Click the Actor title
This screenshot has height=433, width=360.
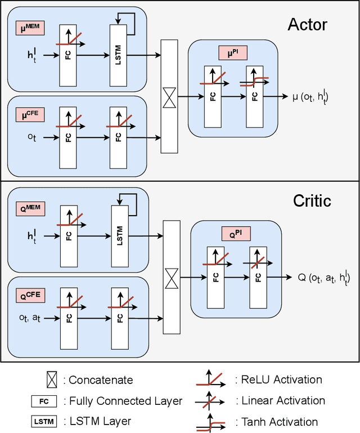[x=307, y=24]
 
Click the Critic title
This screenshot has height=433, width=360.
[x=312, y=200]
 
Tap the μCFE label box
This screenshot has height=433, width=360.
[x=30, y=115]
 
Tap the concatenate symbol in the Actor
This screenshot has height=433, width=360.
[x=169, y=96]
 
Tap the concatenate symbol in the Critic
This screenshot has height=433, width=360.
[x=171, y=276]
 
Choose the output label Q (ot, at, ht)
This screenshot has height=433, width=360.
[x=323, y=277]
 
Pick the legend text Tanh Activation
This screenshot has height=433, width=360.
[x=280, y=421]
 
